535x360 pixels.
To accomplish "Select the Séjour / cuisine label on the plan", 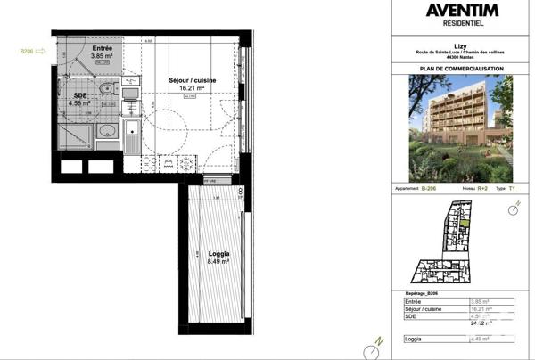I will (188, 81).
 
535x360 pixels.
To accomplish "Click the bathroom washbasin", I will (106, 131).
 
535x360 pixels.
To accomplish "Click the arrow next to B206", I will (42, 51).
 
